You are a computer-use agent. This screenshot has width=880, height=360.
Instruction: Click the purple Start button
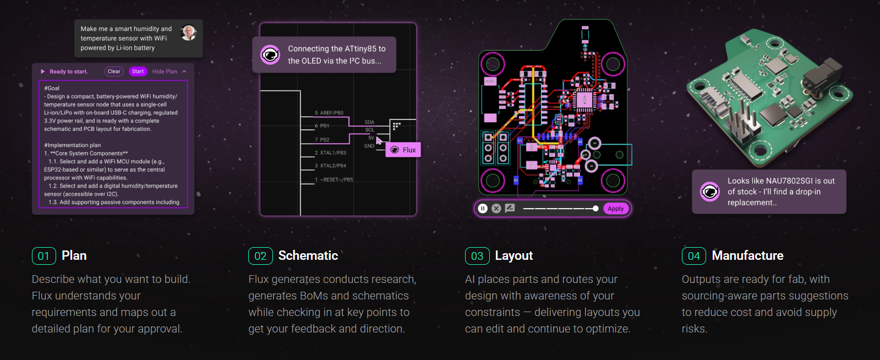[x=138, y=72]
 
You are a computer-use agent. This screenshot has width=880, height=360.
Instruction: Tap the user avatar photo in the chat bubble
[x=189, y=33]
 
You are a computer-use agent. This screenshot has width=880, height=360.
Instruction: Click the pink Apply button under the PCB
[x=616, y=209]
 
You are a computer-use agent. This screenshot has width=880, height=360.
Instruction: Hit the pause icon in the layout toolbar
[x=483, y=209]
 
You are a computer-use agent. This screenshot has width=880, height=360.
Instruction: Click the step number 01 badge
[x=43, y=256]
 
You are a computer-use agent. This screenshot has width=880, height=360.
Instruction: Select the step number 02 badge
[x=260, y=256]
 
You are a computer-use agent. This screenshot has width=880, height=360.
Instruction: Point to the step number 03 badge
[x=477, y=256]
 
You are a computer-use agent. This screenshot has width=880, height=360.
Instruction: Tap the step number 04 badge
[x=694, y=256]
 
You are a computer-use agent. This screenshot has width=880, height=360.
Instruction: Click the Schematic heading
[x=308, y=255]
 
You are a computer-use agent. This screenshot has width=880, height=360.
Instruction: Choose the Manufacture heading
[x=747, y=255]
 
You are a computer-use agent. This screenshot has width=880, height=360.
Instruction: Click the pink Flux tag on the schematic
[x=403, y=150]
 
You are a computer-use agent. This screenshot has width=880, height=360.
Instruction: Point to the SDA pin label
[x=369, y=122]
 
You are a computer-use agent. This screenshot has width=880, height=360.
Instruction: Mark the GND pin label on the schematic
[x=369, y=146]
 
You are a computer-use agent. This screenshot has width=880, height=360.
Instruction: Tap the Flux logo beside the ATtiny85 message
[x=270, y=54]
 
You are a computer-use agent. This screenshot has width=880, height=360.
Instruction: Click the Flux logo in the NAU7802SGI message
[x=710, y=192]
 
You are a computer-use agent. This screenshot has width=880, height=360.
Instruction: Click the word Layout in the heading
[x=514, y=255]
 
